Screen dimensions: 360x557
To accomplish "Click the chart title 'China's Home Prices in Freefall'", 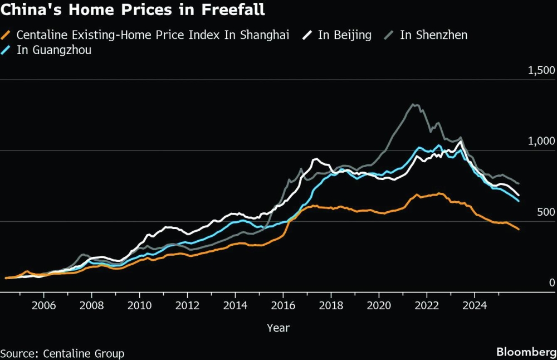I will pos(133,10).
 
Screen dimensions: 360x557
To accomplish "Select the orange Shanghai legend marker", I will pos(7,35).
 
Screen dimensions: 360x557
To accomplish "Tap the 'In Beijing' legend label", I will pos(344,35).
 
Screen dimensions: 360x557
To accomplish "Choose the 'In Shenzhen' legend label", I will pos(433,35).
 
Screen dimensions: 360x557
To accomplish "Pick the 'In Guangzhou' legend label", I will pos(54,50).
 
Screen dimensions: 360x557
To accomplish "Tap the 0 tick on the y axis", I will pos(552,283).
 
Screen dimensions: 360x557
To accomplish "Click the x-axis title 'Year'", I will pos(278,328).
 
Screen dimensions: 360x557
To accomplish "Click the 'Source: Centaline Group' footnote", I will pos(62,353).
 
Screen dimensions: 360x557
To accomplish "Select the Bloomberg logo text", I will pos(526,352).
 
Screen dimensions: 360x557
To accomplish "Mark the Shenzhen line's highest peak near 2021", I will pos(413,104).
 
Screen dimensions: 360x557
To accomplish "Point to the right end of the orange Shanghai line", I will pos(519,230).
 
